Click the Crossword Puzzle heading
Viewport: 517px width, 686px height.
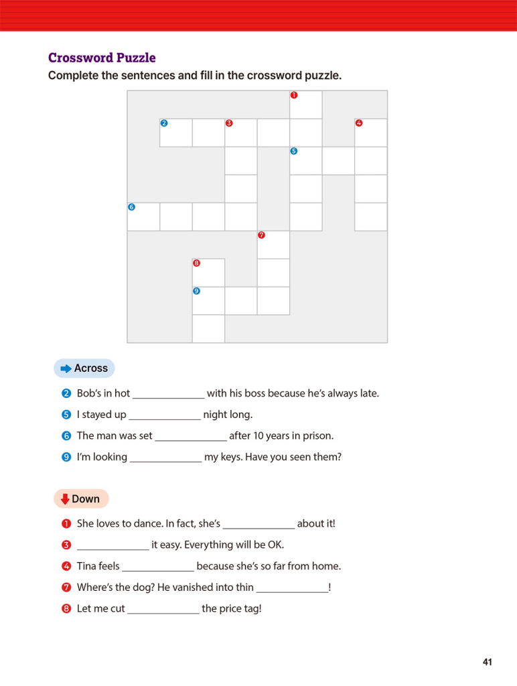coord(102,58)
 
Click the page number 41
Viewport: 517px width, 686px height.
coord(487,663)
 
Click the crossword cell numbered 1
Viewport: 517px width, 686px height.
coord(306,105)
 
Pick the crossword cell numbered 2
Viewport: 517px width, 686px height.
coord(176,133)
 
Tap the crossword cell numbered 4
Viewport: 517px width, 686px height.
coord(371,133)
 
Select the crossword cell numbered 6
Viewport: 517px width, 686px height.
coord(143,217)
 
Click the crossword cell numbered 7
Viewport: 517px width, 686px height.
coord(273,245)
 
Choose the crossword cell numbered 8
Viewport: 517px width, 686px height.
coord(208,273)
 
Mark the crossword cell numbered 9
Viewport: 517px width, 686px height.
coord(208,301)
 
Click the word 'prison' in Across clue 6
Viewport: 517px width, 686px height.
coord(317,436)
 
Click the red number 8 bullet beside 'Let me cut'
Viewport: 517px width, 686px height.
coord(66,609)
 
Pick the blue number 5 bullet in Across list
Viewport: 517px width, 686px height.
coord(66,415)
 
